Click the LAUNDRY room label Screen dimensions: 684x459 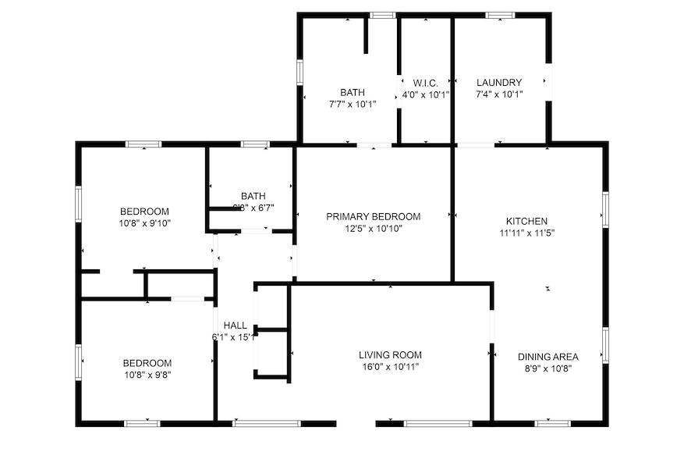(x=499, y=82)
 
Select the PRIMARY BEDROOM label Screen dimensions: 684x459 (x=373, y=216)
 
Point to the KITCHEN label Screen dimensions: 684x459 (x=526, y=221)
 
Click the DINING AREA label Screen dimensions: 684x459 (x=548, y=357)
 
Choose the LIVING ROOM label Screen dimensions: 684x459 (x=390, y=354)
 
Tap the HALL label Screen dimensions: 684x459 (x=235, y=325)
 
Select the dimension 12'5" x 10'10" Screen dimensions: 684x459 (x=373, y=228)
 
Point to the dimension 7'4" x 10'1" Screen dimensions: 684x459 (x=499, y=94)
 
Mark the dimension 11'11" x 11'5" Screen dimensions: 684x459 (x=526, y=233)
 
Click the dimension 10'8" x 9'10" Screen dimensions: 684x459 (x=144, y=222)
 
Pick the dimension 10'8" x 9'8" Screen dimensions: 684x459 (x=147, y=374)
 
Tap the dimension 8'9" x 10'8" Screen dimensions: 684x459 (x=548, y=368)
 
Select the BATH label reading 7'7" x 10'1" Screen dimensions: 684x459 (x=352, y=92)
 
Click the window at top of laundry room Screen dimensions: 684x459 (x=499, y=15)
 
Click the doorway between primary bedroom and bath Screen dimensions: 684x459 (x=374, y=144)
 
